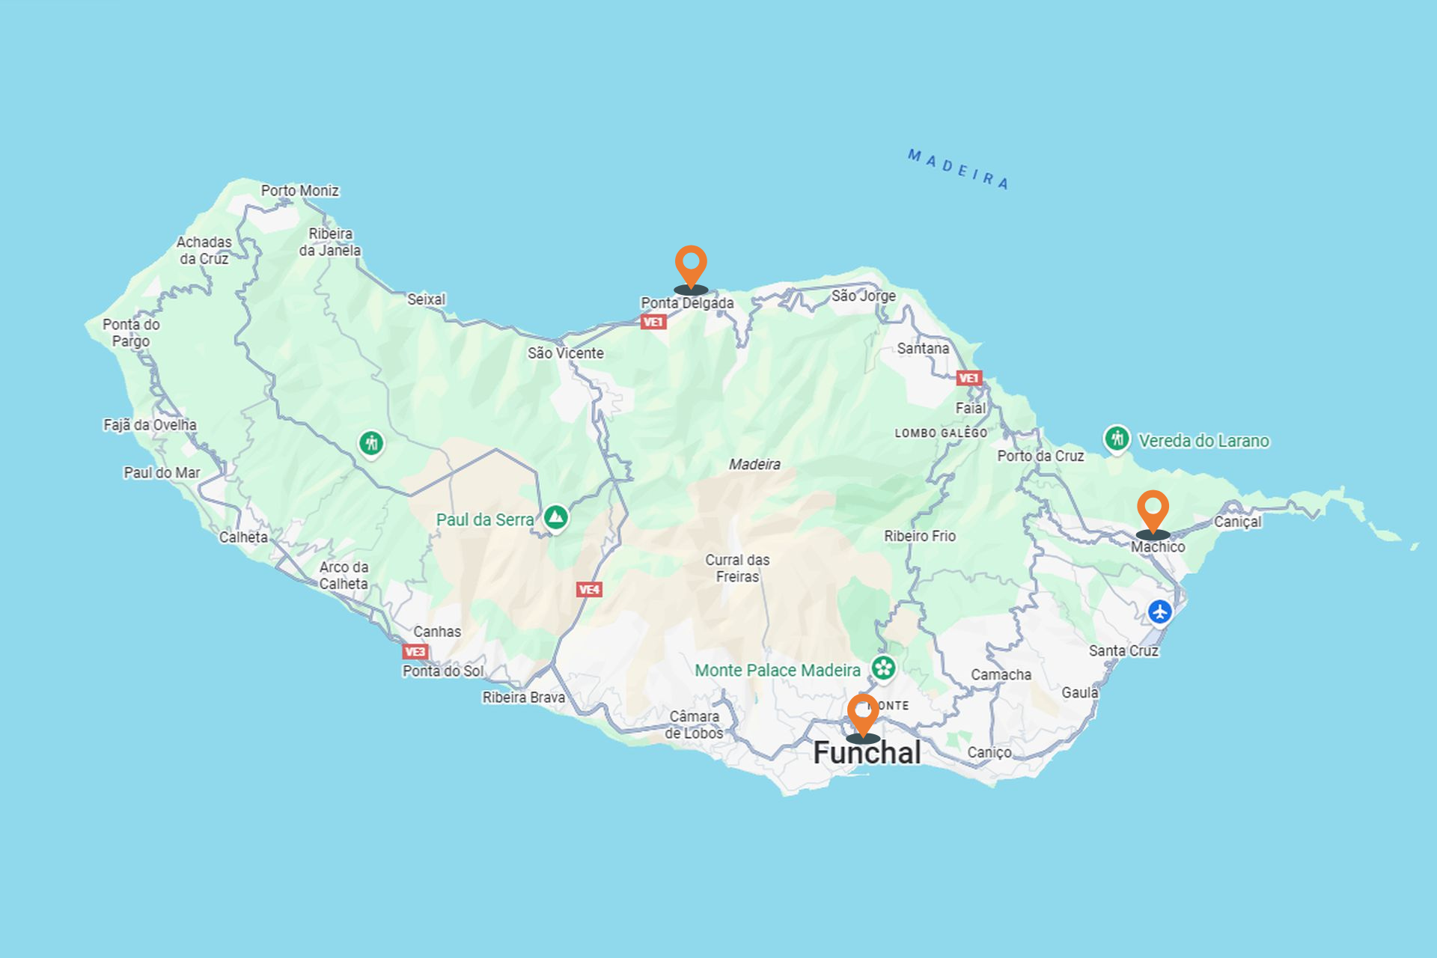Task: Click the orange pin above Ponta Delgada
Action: point(690,265)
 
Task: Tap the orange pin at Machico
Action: point(1153,510)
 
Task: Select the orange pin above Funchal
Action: point(862,713)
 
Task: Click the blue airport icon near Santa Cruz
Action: point(1160,611)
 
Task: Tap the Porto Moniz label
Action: point(299,191)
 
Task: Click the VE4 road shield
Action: point(589,590)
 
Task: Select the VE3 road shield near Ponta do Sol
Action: point(415,652)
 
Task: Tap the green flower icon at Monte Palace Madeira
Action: point(883,668)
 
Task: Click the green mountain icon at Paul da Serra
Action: point(555,517)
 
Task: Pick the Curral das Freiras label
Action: point(737,568)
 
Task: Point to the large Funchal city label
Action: point(867,753)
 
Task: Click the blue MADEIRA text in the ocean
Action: point(958,169)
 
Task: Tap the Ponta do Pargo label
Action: point(131,332)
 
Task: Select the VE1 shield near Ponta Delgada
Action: point(653,323)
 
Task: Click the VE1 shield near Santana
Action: point(968,379)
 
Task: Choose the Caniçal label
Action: point(1237,522)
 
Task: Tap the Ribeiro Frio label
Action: point(920,536)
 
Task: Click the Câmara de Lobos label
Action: point(694,724)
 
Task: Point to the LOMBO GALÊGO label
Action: point(941,433)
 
